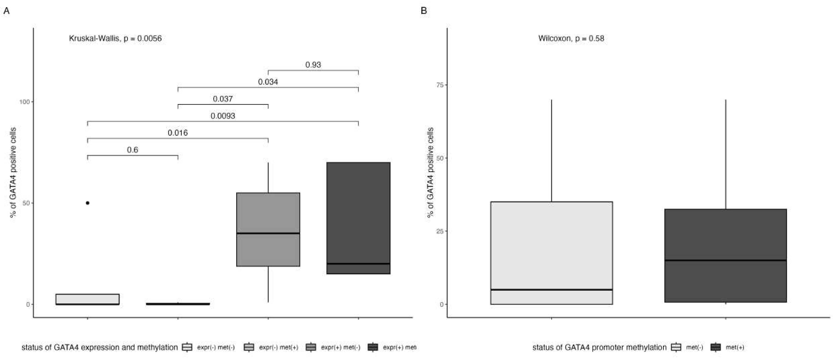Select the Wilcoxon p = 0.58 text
point(571,39)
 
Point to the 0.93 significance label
point(313,65)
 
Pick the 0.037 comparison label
point(223,99)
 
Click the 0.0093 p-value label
point(223,116)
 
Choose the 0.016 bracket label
point(178,133)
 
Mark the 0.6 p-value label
point(133,150)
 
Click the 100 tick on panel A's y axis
point(25,102)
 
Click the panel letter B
point(424,11)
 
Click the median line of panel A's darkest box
point(358,264)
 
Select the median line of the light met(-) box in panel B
point(551,289)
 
